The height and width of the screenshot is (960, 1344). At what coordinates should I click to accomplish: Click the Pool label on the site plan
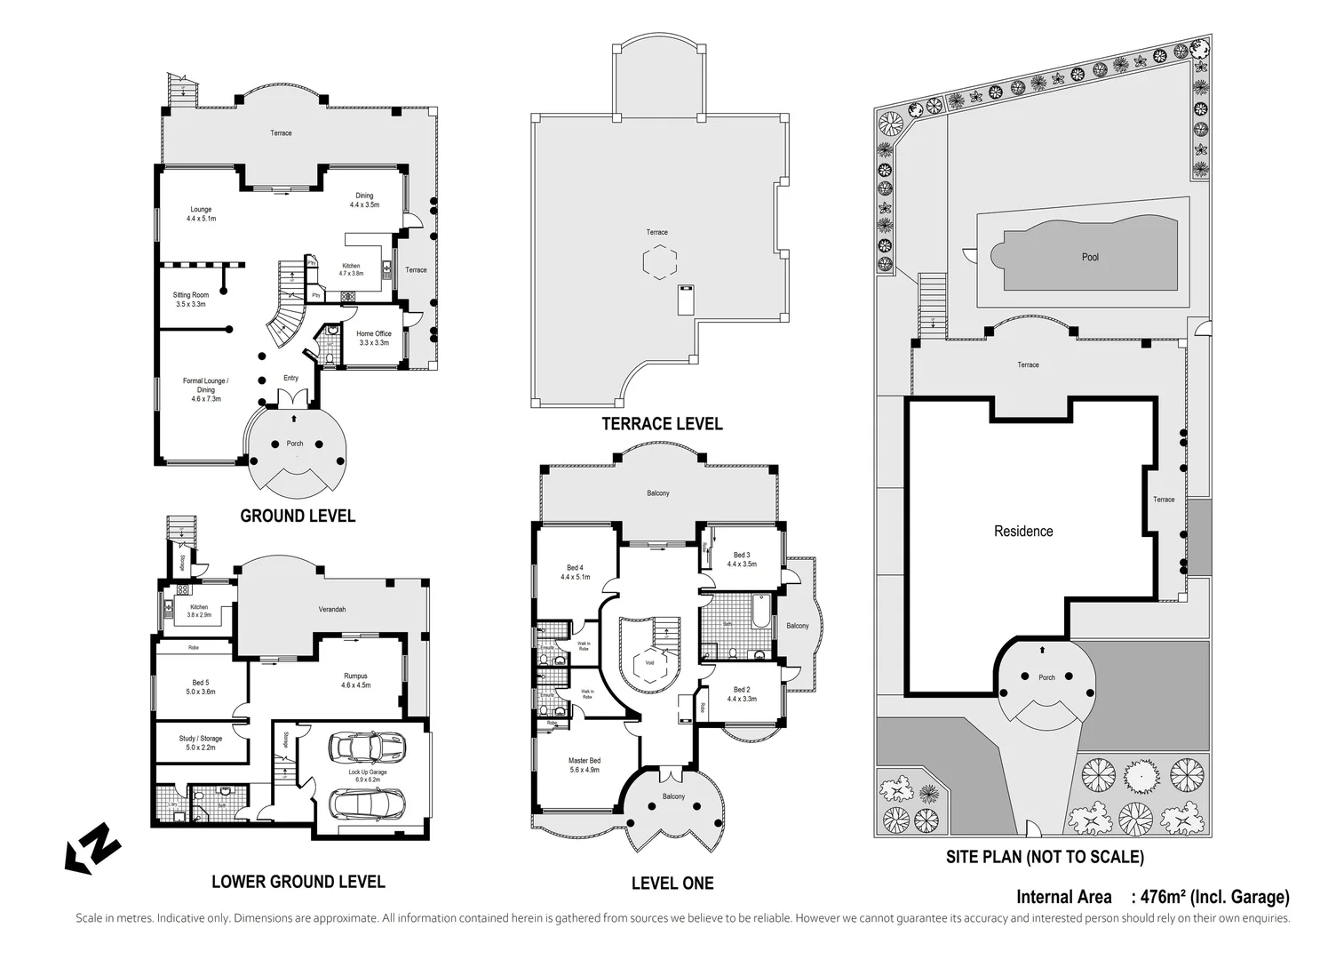1090,257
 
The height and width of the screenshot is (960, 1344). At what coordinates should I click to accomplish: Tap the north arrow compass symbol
92,848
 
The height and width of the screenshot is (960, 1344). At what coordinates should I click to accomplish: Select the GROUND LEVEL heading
298,516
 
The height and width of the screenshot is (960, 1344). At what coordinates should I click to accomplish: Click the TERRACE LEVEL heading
662,424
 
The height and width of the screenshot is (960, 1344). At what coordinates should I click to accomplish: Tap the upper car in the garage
365,748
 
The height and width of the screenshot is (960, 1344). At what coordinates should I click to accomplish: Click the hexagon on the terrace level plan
660,263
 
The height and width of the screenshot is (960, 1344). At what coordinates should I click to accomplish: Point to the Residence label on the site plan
1023,531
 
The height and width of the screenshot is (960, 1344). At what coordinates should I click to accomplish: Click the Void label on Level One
649,662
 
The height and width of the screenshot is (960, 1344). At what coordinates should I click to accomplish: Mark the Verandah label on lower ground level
332,609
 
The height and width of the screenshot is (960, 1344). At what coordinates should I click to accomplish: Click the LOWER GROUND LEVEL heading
298,881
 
